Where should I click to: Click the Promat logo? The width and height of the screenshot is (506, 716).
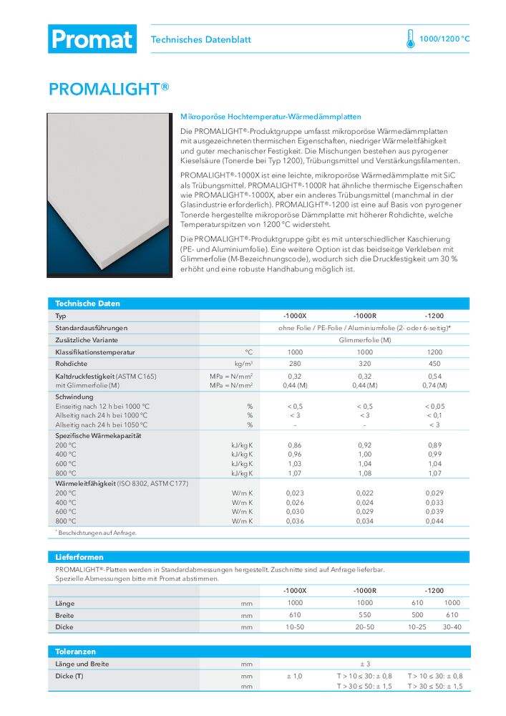tap(92, 39)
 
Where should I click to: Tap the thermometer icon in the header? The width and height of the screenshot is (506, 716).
tap(410, 39)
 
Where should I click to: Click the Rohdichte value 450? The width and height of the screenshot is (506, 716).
tap(434, 364)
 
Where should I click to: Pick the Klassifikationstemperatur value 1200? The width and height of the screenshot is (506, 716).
tap(434, 352)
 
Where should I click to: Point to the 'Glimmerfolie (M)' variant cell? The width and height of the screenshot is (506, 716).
tap(364, 340)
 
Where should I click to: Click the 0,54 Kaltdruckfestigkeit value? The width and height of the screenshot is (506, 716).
tap(434, 376)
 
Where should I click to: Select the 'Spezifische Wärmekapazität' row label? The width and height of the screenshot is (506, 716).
tap(99, 435)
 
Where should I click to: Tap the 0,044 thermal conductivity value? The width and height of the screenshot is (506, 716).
tap(434, 521)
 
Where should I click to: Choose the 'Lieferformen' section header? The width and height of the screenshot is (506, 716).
tap(79, 556)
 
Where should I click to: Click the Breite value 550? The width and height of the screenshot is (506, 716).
tap(364, 615)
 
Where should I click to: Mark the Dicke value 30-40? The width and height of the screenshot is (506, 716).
tap(452, 627)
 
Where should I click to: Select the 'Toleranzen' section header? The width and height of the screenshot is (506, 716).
tap(76, 652)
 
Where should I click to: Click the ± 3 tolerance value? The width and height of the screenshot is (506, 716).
tap(364, 664)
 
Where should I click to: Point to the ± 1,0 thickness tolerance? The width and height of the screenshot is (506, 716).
tap(294, 676)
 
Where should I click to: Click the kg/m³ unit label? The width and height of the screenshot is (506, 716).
tap(244, 364)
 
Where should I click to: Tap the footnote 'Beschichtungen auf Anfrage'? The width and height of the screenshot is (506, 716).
tap(97, 533)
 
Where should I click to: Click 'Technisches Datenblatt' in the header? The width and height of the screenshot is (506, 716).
tap(201, 40)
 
